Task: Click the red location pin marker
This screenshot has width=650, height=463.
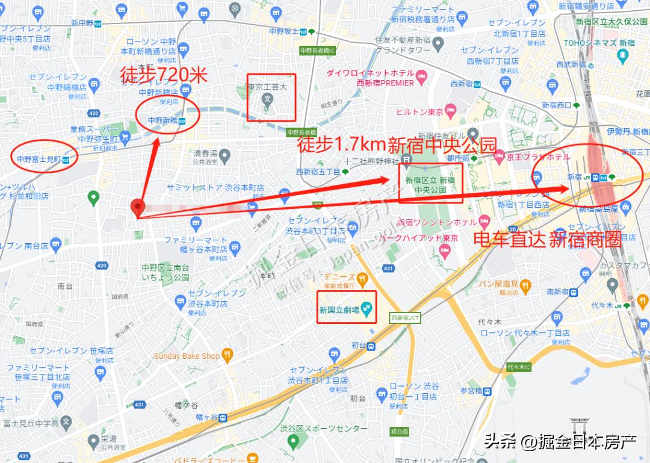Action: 138,207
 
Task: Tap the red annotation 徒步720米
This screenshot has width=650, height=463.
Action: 164,75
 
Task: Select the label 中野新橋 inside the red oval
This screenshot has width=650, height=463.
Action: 162,120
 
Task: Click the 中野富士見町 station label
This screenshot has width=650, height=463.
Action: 39,160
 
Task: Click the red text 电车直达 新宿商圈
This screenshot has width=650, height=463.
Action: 547,239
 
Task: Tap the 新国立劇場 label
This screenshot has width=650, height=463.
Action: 339,310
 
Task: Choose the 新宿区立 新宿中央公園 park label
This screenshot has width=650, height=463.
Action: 430,184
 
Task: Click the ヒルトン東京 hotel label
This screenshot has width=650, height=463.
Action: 419,112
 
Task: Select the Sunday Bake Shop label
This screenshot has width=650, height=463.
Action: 187,356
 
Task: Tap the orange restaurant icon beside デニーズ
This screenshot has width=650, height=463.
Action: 362,278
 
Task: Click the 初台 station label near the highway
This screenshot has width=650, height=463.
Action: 358,346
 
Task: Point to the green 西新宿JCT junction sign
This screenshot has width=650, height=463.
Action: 404,317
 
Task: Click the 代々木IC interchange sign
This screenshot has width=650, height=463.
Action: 518,367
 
